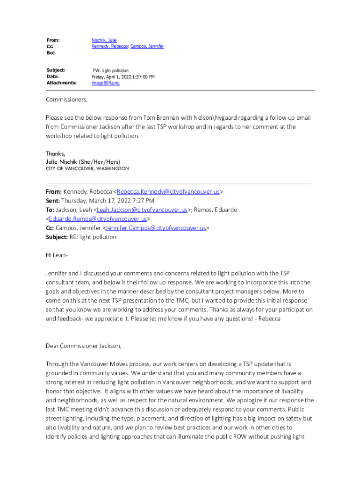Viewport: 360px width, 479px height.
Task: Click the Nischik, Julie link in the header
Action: (x=104, y=41)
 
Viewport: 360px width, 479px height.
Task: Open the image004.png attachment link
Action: (x=105, y=83)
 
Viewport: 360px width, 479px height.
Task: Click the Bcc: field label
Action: (x=51, y=53)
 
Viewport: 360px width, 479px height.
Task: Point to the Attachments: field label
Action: (x=61, y=83)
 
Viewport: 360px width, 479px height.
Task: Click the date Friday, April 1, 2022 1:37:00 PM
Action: (x=123, y=77)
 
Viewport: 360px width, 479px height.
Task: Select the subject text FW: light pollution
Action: (x=110, y=70)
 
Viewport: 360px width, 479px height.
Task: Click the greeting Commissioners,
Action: (x=67, y=100)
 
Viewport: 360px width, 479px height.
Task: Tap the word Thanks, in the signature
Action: (x=55, y=154)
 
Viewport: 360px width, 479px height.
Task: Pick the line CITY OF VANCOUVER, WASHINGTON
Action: (x=87, y=168)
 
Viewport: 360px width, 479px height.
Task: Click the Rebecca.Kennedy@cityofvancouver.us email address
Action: (x=168, y=192)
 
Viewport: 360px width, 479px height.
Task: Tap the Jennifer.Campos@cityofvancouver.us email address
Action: (x=156, y=228)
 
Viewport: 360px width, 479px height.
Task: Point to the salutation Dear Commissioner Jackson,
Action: (x=83, y=346)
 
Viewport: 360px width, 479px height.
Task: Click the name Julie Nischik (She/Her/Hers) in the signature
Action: (x=83, y=161)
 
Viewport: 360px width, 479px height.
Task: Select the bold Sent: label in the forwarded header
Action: (x=53, y=201)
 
